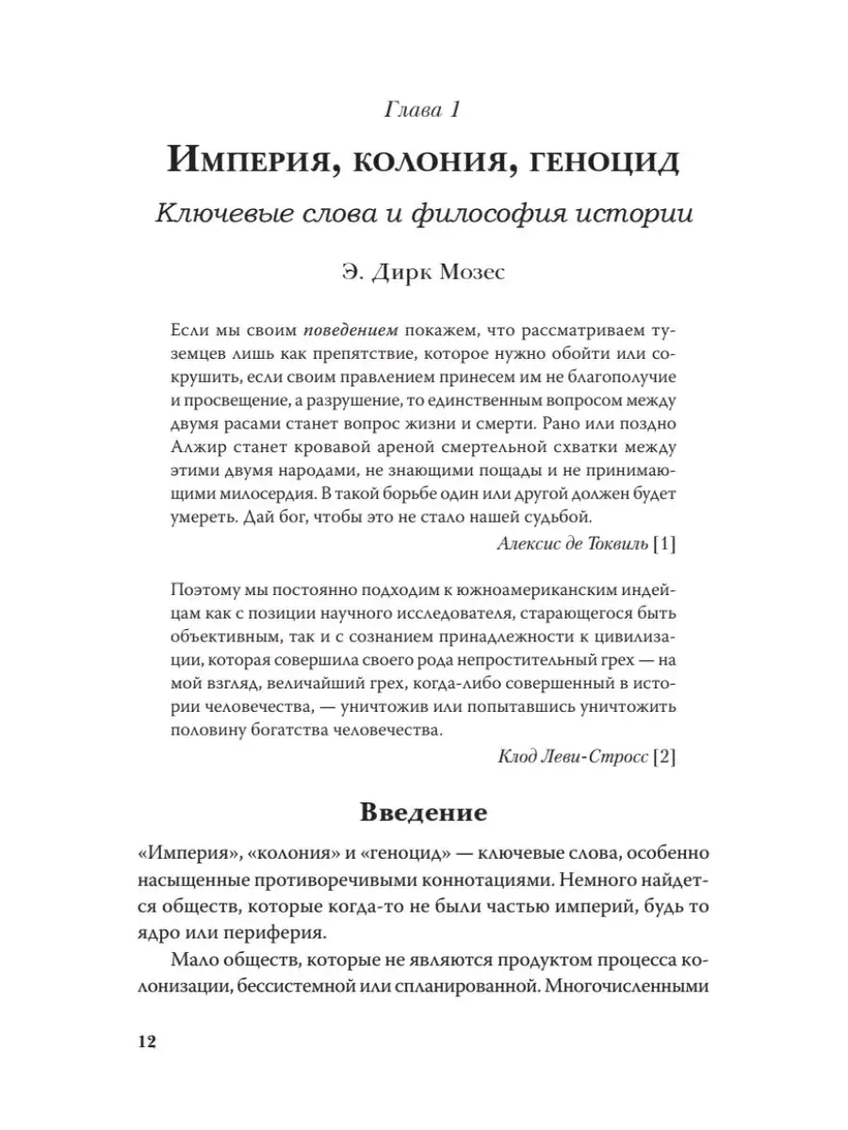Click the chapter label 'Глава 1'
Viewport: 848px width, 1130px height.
click(423, 111)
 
